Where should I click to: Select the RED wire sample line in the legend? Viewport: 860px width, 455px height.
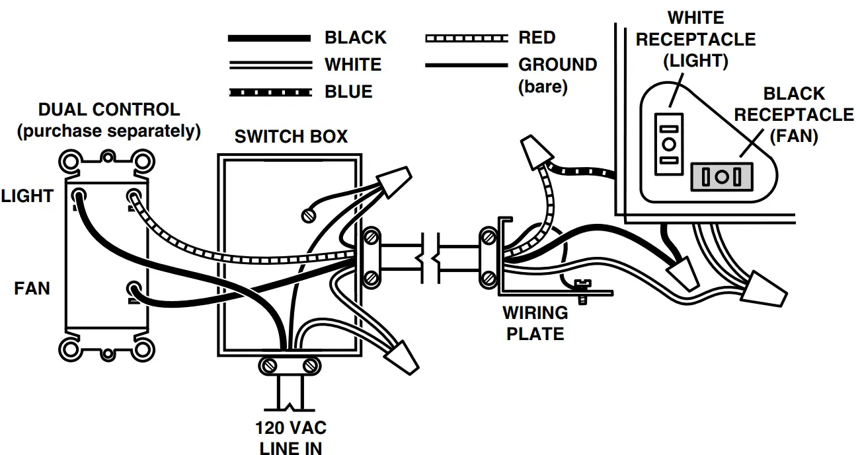tap(466, 38)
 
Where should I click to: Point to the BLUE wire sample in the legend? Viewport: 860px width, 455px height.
tap(269, 92)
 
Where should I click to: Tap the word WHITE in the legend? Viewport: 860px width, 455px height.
tap(352, 65)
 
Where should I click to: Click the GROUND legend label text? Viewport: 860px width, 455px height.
tap(557, 65)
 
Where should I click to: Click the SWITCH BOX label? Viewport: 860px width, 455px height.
tap(291, 137)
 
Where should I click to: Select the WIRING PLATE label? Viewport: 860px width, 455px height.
tap(535, 323)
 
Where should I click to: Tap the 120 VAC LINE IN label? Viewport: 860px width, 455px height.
tap(291, 437)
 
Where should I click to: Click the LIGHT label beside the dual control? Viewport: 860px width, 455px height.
tap(26, 195)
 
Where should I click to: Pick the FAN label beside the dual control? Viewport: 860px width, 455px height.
tap(32, 289)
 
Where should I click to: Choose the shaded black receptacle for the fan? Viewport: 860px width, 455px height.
tap(722, 177)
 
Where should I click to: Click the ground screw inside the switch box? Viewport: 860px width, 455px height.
tap(307, 215)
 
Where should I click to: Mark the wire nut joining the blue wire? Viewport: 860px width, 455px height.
tap(535, 153)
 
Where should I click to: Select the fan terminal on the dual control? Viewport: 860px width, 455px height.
tap(134, 290)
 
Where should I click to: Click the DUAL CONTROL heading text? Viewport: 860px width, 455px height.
tap(108, 110)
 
